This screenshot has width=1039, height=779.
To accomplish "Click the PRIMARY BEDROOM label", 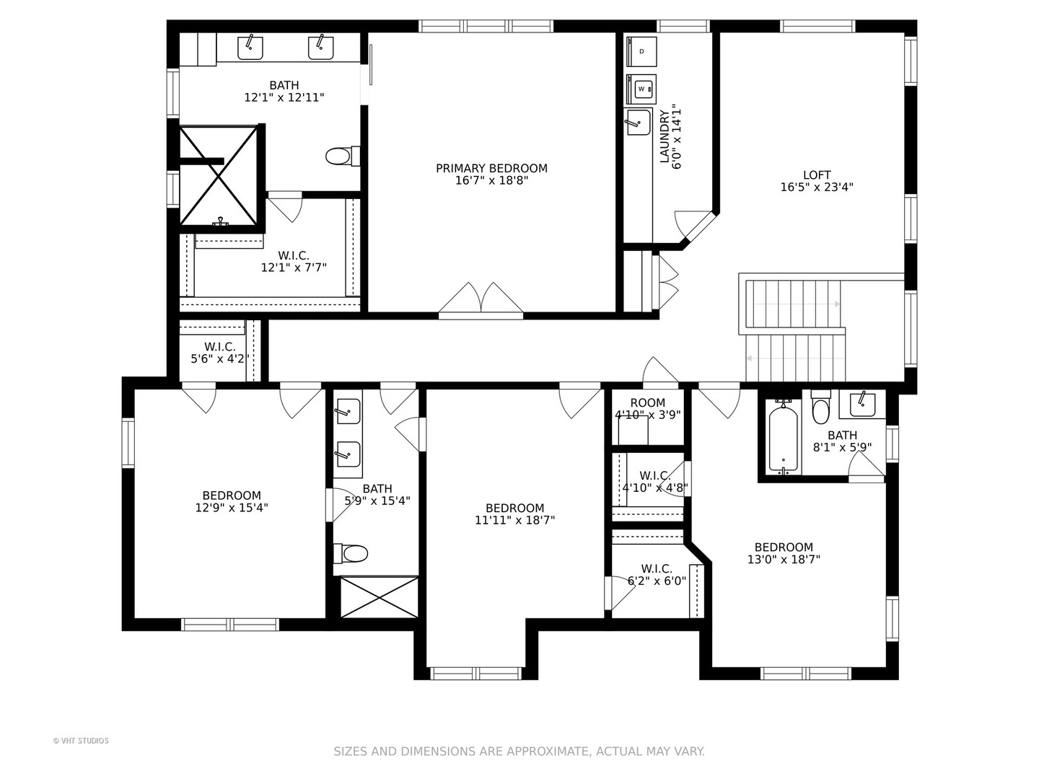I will [x=491, y=168].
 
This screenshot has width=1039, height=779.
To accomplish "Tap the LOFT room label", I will [x=817, y=175].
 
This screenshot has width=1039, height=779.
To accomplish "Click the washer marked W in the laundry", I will [x=641, y=89].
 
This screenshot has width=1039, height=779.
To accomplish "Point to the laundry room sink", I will [x=638, y=122].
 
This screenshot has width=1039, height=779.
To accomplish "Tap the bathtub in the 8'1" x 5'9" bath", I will [x=784, y=437].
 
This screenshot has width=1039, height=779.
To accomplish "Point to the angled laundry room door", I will [x=695, y=226].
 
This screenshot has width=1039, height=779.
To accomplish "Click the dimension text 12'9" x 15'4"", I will [x=232, y=507].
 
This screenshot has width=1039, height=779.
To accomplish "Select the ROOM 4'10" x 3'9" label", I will [x=647, y=409].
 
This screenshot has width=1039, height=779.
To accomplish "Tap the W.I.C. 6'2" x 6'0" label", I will [x=657, y=575].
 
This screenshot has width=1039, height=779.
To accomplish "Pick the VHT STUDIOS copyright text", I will [x=81, y=741].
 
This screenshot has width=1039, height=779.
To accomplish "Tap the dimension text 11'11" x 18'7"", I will [x=514, y=519].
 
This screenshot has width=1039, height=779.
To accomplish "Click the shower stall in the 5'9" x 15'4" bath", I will [x=379, y=597].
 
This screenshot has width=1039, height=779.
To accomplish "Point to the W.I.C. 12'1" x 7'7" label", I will [x=294, y=261].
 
